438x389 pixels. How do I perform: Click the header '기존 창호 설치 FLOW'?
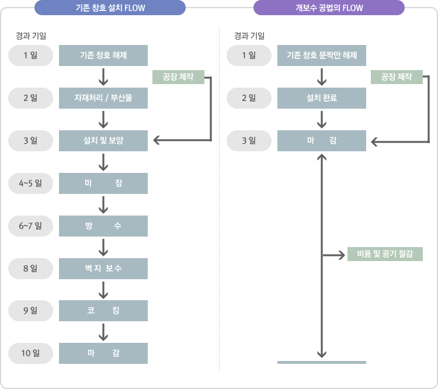[110, 8]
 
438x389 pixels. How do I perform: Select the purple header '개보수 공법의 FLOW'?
[329, 8]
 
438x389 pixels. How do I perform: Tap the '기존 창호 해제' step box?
[103, 55]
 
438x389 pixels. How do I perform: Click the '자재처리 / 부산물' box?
[103, 98]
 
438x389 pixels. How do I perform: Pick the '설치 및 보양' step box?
[103, 140]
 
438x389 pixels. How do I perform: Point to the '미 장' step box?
[103, 183]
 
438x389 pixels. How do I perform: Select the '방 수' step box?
[103, 225]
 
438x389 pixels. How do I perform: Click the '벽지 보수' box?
[103, 268]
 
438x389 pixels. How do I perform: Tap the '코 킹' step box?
[103, 310]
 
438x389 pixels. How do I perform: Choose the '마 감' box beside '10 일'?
[103, 353]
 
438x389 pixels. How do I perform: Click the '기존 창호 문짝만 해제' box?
[322, 55]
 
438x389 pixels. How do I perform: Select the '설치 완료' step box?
[322, 98]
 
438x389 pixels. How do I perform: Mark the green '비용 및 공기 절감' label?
[385, 253]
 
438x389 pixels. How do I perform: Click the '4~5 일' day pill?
[30, 183]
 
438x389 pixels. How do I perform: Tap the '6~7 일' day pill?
[30, 225]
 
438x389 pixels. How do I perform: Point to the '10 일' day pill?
[30, 353]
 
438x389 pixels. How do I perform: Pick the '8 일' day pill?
[30, 268]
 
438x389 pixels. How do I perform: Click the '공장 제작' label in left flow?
[178, 77]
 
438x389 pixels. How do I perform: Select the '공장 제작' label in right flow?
[397, 77]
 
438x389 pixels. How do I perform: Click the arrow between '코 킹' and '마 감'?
[103, 332]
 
